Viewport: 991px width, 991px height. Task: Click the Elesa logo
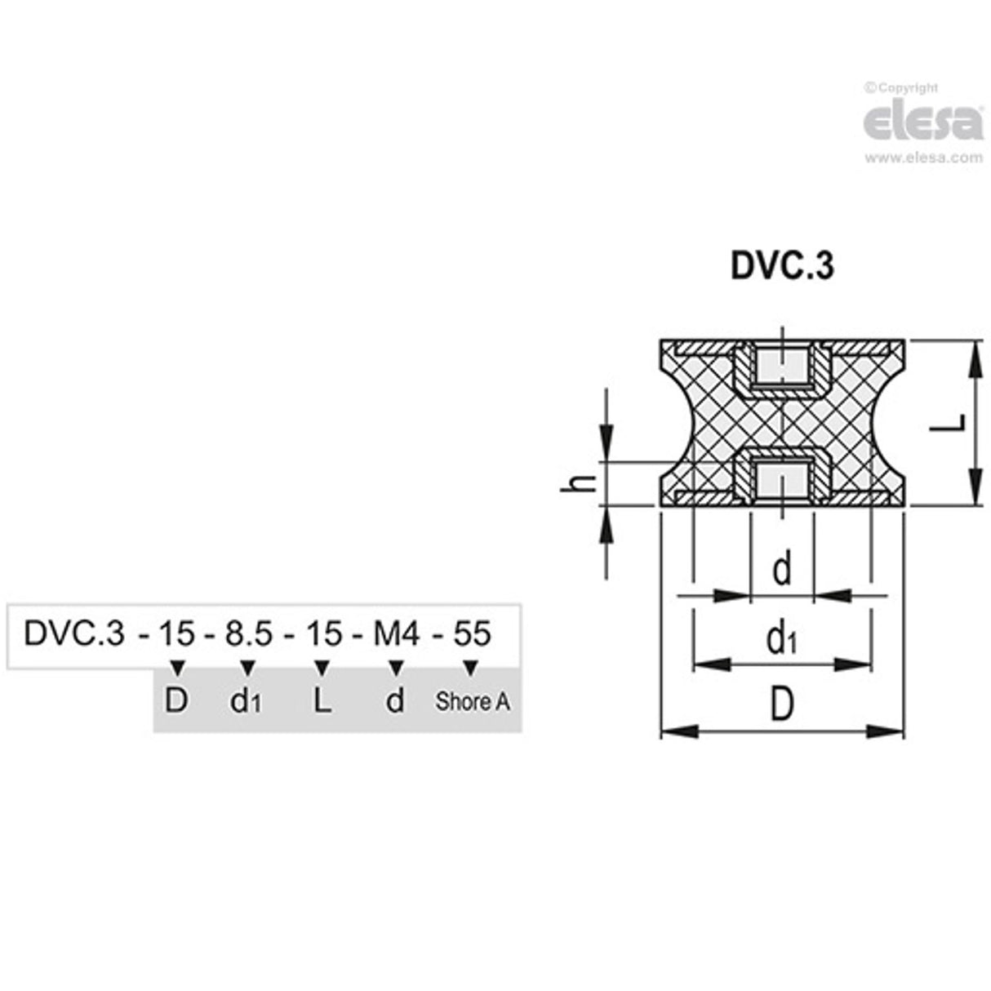tap(922, 122)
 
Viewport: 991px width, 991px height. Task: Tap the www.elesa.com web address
tap(923, 158)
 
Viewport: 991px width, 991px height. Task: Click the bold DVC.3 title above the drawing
tap(782, 266)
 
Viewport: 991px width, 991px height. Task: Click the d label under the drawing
tap(782, 569)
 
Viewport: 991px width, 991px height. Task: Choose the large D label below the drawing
tap(782, 704)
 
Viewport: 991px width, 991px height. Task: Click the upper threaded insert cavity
tap(781, 368)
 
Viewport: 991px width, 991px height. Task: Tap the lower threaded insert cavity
tap(781, 480)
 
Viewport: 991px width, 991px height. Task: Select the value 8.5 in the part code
tap(248, 633)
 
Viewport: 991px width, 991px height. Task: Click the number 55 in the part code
tap(471, 633)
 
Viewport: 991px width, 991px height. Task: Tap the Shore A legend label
tap(473, 701)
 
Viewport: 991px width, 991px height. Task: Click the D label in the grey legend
tap(176, 700)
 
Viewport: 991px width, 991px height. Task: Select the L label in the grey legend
tap(322, 700)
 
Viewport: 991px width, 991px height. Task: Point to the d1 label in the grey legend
tap(246, 701)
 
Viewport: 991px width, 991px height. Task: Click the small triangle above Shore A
tap(469, 669)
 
